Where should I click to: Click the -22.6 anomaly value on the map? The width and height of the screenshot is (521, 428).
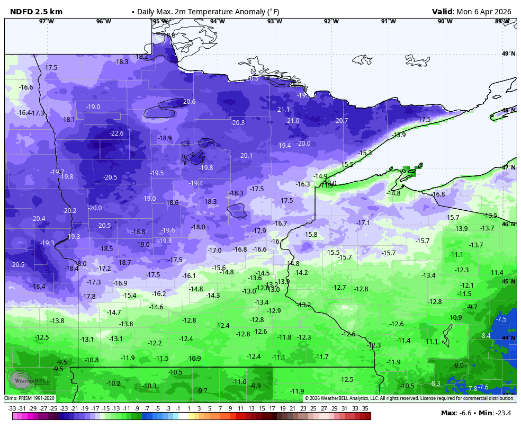point(116,133)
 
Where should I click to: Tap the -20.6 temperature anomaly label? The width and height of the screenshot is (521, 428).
point(188,102)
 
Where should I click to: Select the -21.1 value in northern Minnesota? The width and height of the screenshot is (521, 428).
point(283,110)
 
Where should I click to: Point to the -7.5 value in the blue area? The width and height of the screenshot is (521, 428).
point(501,319)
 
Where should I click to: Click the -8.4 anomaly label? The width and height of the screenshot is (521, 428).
point(486,336)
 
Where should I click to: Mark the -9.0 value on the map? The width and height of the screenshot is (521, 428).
point(459,365)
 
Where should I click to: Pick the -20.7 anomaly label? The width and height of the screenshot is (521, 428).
point(342,121)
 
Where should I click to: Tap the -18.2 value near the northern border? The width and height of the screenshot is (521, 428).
point(141,57)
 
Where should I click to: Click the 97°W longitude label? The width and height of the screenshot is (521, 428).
point(47,21)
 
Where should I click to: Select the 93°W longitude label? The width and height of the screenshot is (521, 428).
point(274,21)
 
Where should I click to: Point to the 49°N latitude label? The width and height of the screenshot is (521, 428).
point(508,53)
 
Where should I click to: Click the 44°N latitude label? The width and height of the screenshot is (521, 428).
point(508,338)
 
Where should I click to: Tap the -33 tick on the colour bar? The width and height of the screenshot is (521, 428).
point(12,408)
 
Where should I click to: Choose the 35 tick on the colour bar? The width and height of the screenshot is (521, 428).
point(365,408)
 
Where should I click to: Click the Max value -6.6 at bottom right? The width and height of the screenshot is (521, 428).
point(465,413)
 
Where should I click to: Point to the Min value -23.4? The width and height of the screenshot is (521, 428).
point(506,413)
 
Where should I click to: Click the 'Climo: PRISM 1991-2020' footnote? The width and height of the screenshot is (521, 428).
point(30,398)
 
